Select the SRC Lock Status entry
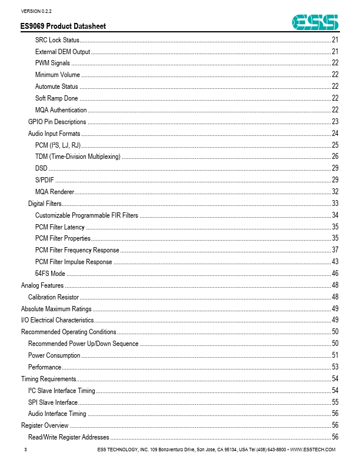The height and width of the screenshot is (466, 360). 57,40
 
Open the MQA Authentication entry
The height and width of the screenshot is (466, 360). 61,110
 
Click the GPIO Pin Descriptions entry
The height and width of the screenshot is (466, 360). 57,122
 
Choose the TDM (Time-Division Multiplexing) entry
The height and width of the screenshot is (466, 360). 78,157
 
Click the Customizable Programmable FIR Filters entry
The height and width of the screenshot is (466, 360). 86,215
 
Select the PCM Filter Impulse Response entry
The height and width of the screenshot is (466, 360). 74,262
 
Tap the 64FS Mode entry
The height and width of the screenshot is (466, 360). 50,274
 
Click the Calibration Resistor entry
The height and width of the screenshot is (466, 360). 54,297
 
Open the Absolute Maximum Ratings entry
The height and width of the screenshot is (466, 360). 56,308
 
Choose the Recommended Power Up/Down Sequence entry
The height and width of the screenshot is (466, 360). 83,344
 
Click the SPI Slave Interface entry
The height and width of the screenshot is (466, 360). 53,402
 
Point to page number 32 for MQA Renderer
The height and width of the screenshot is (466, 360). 335,192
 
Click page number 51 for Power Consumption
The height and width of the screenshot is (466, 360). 335,355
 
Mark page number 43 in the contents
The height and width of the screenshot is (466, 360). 335,262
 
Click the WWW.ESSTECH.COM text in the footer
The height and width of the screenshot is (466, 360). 313,450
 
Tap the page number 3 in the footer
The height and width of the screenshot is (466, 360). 25,450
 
